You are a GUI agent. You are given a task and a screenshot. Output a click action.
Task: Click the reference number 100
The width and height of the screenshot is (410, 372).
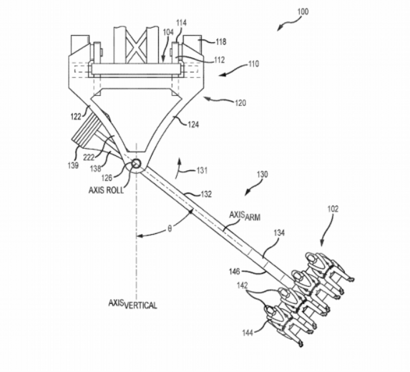303,11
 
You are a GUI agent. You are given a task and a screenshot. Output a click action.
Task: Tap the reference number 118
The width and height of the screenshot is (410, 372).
221,41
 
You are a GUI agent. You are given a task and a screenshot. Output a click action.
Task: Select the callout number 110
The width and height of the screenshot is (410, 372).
253,64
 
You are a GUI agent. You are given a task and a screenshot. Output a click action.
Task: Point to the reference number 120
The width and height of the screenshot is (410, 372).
240,103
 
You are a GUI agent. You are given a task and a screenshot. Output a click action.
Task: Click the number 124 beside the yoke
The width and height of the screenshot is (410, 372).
193,124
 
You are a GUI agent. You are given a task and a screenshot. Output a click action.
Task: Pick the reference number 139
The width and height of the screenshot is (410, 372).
73,165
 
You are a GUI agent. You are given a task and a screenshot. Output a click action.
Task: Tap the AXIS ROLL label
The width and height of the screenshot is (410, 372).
106,190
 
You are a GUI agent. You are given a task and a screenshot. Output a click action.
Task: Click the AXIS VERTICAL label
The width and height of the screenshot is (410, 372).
133,304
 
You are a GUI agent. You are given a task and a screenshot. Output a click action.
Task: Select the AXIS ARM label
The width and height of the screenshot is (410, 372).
245,216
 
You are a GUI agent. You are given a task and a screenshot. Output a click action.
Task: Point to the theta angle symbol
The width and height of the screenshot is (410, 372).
170,229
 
